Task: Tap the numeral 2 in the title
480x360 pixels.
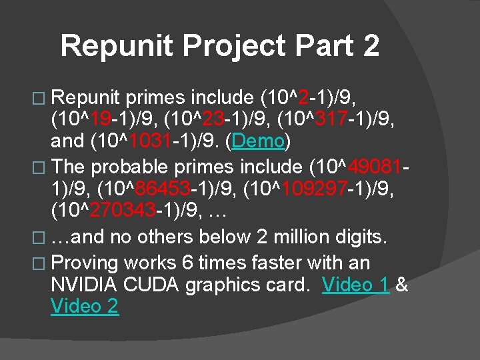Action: click(371, 45)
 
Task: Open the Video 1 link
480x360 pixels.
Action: click(355, 285)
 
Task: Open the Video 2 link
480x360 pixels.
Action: click(85, 307)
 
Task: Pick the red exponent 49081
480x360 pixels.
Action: click(375, 166)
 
